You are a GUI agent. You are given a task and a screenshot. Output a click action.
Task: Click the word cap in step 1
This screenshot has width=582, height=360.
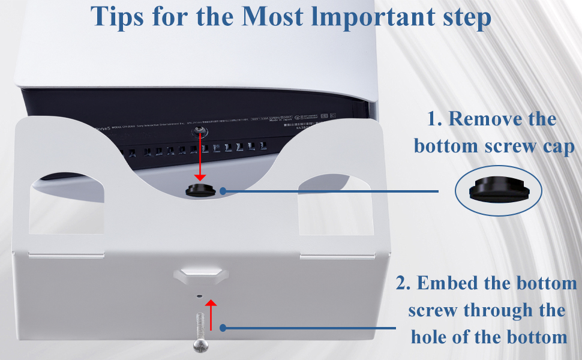click(x=558, y=146)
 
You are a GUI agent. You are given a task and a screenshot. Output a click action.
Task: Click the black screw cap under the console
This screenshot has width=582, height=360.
click(x=200, y=190)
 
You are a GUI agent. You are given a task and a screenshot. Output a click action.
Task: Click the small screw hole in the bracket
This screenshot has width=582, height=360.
click(x=200, y=295)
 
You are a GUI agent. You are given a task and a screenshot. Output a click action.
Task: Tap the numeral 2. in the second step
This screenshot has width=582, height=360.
click(x=403, y=283)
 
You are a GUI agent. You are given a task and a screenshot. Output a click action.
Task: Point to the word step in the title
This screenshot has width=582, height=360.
click(x=463, y=19)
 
